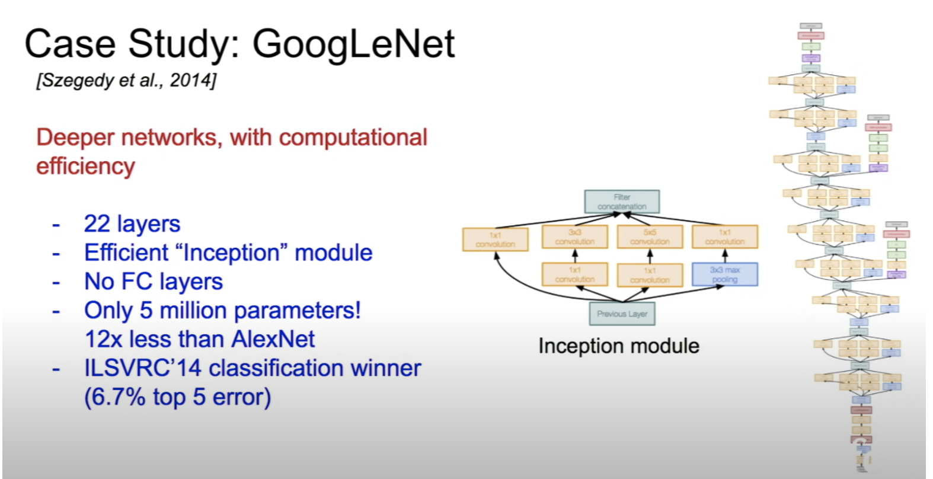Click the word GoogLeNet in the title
coord(353,45)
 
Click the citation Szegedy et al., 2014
coord(126,80)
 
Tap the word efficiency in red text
coord(85,167)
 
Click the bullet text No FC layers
coord(154,282)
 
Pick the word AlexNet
coord(273,339)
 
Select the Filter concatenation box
coord(622,202)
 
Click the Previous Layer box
coord(622,314)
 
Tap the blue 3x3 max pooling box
coord(724,274)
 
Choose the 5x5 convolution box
coord(650,237)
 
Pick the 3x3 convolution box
coord(574,237)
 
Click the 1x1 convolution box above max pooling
coord(724,237)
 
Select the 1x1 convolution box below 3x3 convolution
coord(574,274)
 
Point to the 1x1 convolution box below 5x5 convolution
coord(650,274)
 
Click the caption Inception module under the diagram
coord(618,346)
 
